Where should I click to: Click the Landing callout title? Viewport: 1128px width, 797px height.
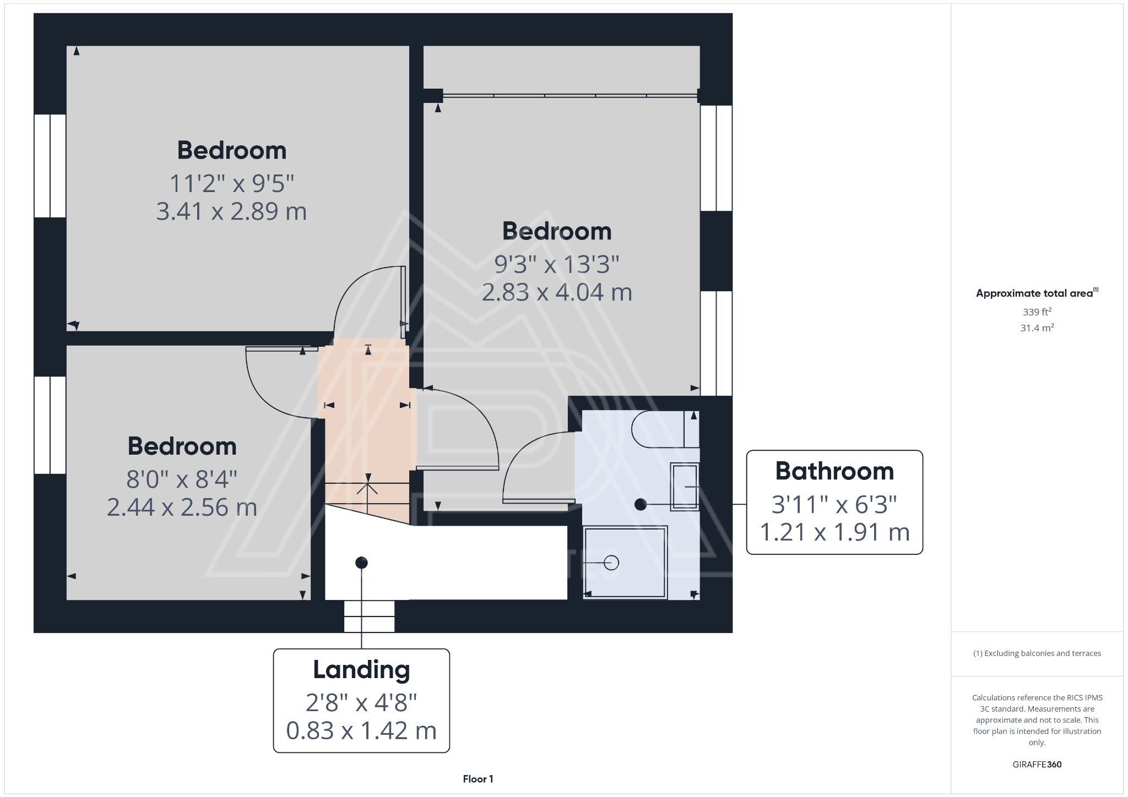(x=361, y=670)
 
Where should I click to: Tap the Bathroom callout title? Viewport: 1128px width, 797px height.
(x=834, y=471)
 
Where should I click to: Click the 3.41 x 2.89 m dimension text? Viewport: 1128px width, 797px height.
(x=231, y=211)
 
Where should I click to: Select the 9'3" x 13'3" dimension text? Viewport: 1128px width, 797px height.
(x=556, y=264)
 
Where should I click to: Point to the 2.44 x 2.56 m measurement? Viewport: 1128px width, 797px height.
(x=182, y=507)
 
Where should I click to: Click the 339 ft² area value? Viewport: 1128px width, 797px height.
(x=1037, y=312)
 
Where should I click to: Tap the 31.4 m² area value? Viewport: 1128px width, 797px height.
(x=1037, y=328)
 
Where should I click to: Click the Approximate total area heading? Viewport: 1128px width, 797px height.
(x=1034, y=293)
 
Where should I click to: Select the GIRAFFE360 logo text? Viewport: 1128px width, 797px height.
(x=1037, y=764)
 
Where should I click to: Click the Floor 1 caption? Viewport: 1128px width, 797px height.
(x=478, y=779)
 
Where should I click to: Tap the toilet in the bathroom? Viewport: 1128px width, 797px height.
(x=658, y=429)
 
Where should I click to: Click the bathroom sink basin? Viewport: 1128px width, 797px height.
(x=684, y=487)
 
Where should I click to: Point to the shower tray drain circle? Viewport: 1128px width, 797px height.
(x=611, y=563)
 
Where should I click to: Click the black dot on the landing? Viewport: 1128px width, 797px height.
(x=361, y=563)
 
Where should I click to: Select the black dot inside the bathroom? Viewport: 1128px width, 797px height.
(x=640, y=504)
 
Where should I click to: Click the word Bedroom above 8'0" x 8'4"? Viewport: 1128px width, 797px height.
(x=182, y=446)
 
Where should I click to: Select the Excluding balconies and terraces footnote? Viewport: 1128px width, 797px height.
(x=1037, y=653)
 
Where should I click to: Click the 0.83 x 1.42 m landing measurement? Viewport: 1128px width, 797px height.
(x=361, y=730)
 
